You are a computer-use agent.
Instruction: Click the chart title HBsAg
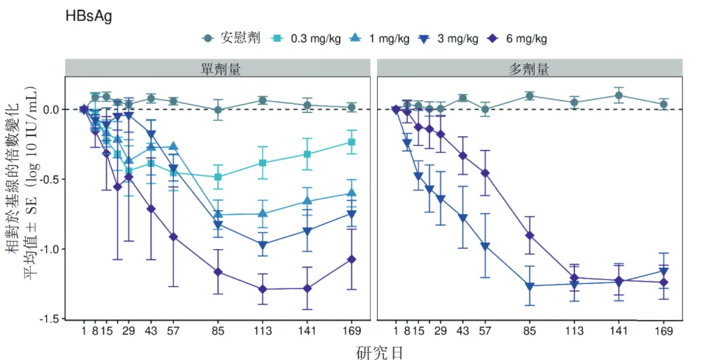[88, 16]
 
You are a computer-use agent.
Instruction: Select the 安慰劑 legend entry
[231, 38]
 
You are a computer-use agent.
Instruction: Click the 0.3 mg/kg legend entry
[308, 38]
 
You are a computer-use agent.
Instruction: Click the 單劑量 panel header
[217, 69]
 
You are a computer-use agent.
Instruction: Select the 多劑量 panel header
[529, 69]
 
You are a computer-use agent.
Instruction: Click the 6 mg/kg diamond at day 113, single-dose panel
[262, 289]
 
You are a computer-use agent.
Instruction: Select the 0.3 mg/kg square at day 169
[351, 142]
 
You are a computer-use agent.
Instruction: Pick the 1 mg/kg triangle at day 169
[351, 193]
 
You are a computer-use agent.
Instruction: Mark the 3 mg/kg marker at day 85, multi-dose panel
[530, 286]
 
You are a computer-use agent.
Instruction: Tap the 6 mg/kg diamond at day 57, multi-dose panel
[485, 173]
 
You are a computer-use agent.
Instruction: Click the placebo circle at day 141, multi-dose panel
[619, 95]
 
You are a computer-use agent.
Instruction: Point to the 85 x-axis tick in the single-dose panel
[218, 331]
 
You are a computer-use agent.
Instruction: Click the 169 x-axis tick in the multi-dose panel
[663, 331]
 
